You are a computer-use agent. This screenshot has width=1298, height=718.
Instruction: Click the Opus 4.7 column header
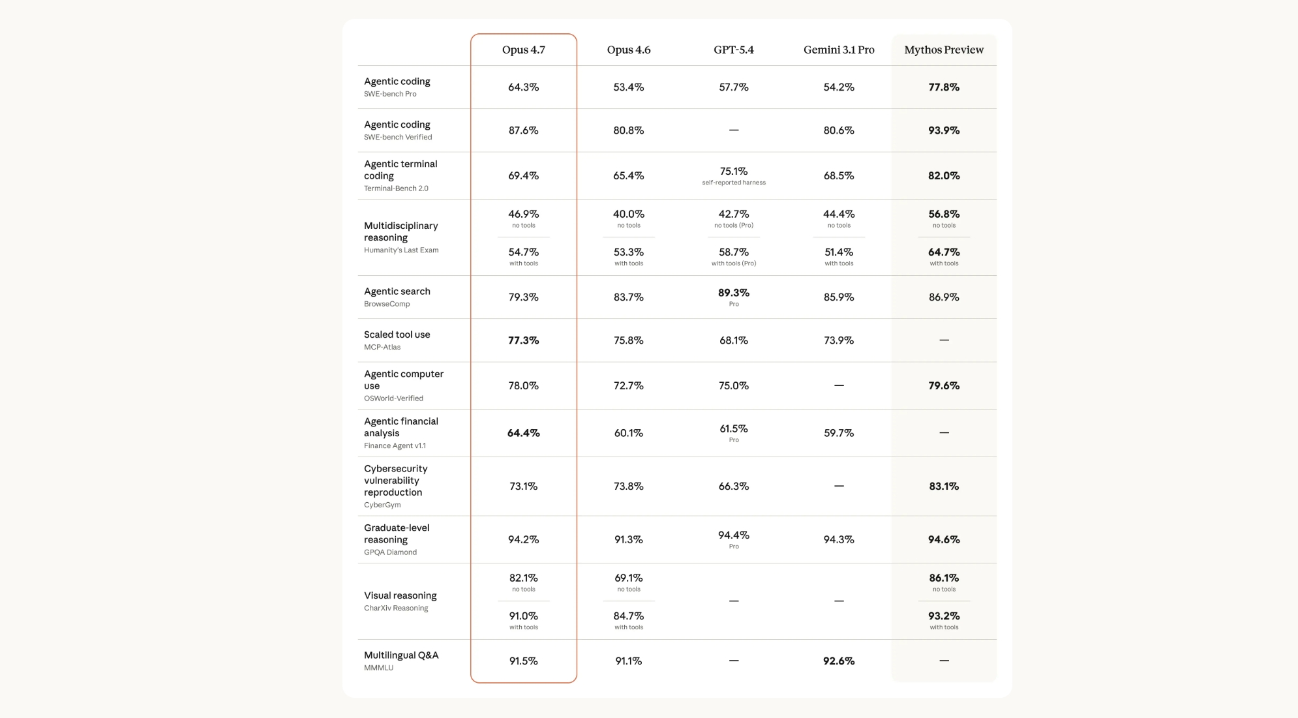[523, 50]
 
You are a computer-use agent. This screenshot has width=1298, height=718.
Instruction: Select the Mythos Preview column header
[943, 50]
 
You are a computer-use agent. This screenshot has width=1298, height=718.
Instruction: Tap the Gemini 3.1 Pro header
[838, 50]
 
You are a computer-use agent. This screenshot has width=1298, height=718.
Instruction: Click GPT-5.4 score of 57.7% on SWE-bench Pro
[733, 87]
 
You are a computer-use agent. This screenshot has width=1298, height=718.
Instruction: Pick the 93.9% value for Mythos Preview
[943, 130]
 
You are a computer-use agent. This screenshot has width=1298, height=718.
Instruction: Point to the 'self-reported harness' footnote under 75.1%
[733, 183]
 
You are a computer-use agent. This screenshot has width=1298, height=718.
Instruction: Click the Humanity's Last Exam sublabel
[400, 250]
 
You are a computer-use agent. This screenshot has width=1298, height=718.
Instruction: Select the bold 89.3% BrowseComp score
[733, 293]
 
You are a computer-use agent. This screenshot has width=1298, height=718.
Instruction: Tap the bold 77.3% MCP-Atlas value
[523, 340]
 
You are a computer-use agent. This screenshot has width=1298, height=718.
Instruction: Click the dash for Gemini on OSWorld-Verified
[838, 385]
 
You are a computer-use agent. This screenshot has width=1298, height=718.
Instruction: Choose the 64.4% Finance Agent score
[523, 433]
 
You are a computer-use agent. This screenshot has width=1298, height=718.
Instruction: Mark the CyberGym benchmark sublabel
[382, 505]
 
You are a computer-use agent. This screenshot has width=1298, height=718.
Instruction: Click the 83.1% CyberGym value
[943, 486]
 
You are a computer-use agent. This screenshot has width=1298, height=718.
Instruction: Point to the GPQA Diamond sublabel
[389, 552]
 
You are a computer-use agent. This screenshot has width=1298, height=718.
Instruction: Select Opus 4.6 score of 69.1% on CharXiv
[628, 578]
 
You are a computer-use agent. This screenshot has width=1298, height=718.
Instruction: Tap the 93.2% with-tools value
[943, 616]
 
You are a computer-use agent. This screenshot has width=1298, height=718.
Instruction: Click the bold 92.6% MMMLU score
[838, 661]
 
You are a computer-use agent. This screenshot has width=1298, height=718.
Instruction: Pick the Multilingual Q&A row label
[400, 655]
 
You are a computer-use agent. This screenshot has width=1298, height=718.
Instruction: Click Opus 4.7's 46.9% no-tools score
[523, 214]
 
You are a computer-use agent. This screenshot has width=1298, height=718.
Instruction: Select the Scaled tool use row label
[397, 335]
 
